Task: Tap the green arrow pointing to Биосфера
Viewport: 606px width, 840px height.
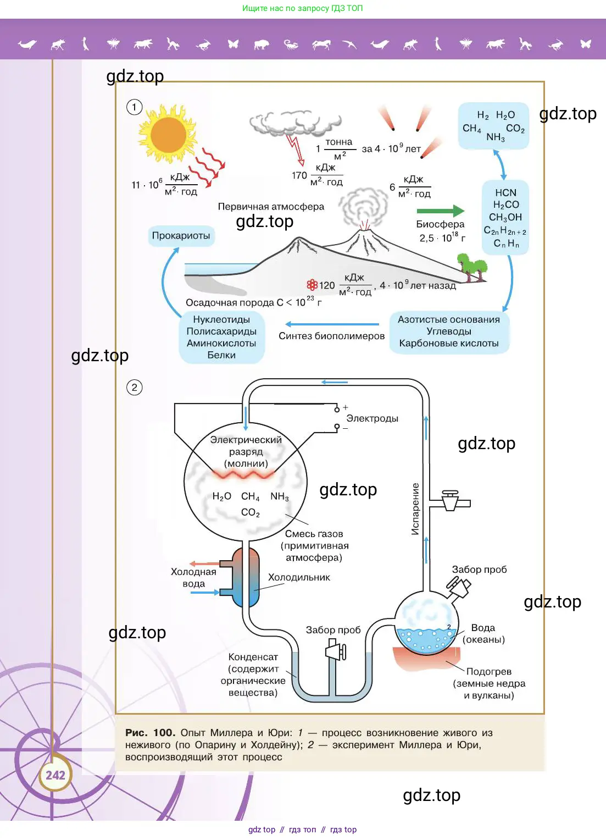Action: point(440,211)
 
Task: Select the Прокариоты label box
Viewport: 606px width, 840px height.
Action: point(181,236)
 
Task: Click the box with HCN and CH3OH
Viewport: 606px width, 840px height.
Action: point(505,218)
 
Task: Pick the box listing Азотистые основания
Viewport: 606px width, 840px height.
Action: point(449,331)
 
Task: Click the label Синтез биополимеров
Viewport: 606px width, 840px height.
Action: point(331,336)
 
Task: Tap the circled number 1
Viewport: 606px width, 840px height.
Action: point(135,107)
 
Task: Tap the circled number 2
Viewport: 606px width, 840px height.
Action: point(135,388)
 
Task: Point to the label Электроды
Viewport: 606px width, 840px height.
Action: point(372,418)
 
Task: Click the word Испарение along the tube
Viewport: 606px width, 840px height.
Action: point(415,509)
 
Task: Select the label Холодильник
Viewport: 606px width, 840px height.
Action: point(299,577)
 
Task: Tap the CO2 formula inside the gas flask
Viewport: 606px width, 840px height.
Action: point(251,512)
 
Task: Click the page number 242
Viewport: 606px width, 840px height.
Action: point(55,775)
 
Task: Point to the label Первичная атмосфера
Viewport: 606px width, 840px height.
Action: point(271,207)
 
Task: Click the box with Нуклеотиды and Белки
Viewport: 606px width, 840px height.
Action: point(221,337)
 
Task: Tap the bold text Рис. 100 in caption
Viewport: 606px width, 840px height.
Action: point(150,733)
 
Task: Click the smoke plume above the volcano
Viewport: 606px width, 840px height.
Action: point(363,206)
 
